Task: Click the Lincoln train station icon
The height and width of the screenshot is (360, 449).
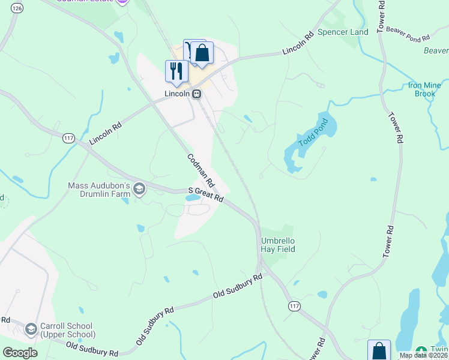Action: click(x=196, y=94)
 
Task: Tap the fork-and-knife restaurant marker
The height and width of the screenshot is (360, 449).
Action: click(x=176, y=71)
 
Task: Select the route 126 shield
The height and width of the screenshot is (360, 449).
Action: click(x=17, y=8)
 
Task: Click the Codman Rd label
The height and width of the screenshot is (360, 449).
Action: click(x=201, y=170)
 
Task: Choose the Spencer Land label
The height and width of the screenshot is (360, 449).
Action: click(x=342, y=32)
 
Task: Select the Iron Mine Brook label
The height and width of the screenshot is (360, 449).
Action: click(x=425, y=89)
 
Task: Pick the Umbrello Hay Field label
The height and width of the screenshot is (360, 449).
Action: click(x=278, y=245)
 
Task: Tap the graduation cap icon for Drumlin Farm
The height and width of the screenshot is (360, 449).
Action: click(x=139, y=190)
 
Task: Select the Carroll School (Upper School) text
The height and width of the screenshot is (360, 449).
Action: click(x=68, y=331)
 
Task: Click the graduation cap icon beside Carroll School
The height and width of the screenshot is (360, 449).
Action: click(x=31, y=329)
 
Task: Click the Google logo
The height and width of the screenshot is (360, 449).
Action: click(x=20, y=353)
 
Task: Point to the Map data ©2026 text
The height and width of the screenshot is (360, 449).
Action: click(x=423, y=355)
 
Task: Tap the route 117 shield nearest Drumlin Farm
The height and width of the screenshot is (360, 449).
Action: click(x=68, y=139)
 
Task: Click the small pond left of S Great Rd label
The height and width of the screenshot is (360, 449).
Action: click(x=193, y=197)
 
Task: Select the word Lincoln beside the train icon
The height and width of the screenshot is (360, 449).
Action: click(x=177, y=94)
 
